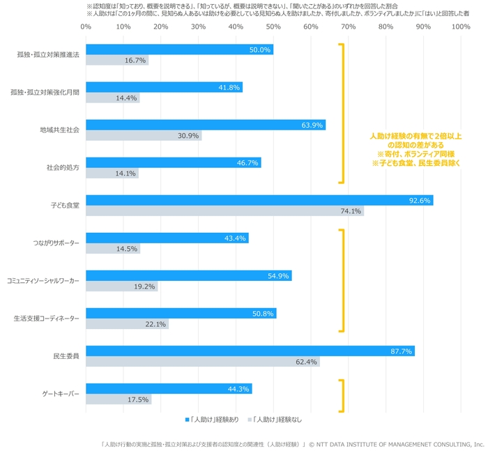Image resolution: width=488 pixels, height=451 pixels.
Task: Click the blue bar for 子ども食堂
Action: tap(259, 201)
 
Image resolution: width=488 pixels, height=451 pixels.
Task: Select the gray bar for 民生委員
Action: tap(202, 362)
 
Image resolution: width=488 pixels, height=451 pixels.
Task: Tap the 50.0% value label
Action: tap(259, 50)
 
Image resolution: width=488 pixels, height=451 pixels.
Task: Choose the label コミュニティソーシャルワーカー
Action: tap(43, 281)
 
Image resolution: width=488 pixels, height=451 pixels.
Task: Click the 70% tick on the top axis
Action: tap(348, 27)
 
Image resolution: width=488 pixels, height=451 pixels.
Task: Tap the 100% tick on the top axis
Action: tap(460, 27)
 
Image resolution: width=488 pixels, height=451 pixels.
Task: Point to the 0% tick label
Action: tap(86, 27)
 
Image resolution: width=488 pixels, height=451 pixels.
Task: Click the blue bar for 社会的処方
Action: tap(173, 163)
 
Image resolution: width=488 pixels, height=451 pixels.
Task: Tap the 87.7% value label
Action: tap(402, 351)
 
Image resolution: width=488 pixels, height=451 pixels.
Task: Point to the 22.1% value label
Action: tap(155, 324)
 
